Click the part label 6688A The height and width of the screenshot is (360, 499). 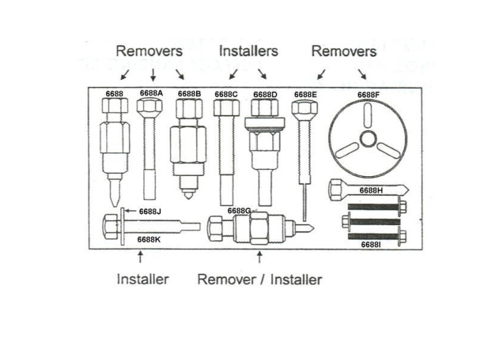point(151,93)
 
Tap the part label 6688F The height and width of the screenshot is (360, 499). point(369,95)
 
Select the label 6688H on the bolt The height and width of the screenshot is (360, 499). point(371,190)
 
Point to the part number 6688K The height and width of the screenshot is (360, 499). point(148,240)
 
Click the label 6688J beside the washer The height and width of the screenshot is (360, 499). point(150,211)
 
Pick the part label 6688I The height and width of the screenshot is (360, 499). point(371,245)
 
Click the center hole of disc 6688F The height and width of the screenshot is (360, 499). point(369,139)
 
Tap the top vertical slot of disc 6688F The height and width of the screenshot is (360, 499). point(369,115)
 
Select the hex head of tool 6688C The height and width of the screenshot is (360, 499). point(226,108)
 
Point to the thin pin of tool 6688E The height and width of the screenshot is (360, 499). point(304,202)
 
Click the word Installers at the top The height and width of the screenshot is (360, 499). point(249,51)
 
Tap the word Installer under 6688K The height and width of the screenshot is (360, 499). point(143,279)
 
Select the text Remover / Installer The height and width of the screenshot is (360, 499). point(259,279)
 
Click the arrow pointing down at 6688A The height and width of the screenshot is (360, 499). point(153,75)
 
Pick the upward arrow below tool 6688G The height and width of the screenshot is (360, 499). point(259,257)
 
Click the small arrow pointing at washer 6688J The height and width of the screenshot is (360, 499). point(130,211)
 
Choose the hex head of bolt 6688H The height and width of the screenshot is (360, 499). point(336,190)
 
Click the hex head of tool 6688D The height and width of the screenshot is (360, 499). point(264,108)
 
